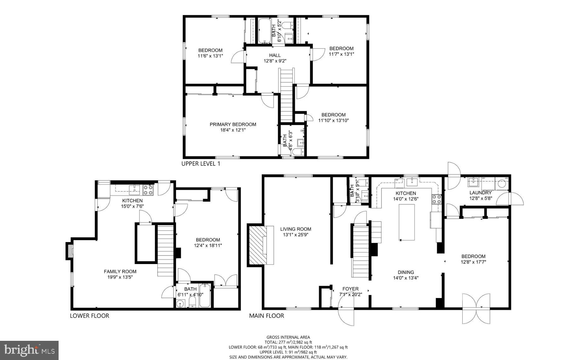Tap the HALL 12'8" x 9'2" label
tap(275, 58)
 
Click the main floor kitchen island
tap(407, 222)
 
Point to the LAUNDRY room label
tap(480, 193)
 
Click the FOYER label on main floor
tap(351, 289)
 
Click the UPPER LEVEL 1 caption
tap(201, 164)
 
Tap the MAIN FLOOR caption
tap(266, 316)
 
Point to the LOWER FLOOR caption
tap(89, 316)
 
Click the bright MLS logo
tap(29, 350)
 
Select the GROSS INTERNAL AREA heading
tap(288, 337)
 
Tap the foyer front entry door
tap(346, 312)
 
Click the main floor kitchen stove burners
tap(437, 199)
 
